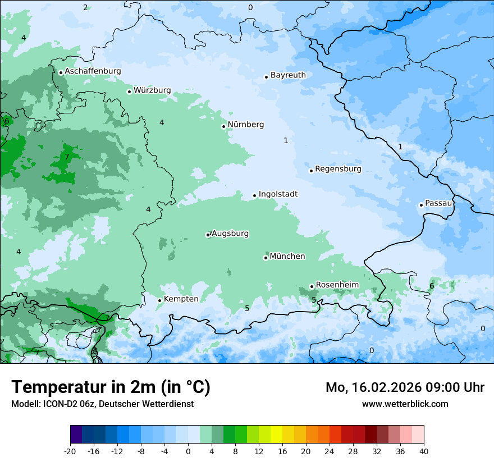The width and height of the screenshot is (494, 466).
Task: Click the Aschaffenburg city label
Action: coord(93,71)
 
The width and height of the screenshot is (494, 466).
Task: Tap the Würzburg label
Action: coord(152,90)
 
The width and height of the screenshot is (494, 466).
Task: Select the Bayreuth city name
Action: coord(288,75)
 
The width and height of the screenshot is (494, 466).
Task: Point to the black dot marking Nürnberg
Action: coord(223,126)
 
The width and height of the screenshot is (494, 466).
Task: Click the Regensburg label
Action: coord(338,169)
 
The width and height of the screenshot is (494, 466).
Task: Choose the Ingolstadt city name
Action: coord(278,194)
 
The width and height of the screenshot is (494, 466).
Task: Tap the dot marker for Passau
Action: coord(421,205)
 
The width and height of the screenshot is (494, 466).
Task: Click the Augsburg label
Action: coord(230,234)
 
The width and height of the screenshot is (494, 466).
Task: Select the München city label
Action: coord(287,257)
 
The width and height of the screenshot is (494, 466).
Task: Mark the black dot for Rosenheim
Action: coord(312,287)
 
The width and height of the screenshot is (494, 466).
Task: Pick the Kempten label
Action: coord(181,299)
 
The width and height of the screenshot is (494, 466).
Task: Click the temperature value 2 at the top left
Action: coord(85,7)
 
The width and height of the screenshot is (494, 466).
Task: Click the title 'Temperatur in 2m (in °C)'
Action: coord(111,387)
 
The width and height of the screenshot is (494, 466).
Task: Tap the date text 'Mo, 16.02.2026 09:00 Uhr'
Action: coord(405,387)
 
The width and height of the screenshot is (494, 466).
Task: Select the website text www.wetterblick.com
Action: coord(405,404)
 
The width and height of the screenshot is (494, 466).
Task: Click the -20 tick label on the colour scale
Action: coord(70,451)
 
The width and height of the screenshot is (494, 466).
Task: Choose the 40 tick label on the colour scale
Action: coord(423,451)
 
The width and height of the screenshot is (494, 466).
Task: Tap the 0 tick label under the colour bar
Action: coord(188,451)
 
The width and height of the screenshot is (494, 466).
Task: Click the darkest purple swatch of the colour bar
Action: coord(76,435)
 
